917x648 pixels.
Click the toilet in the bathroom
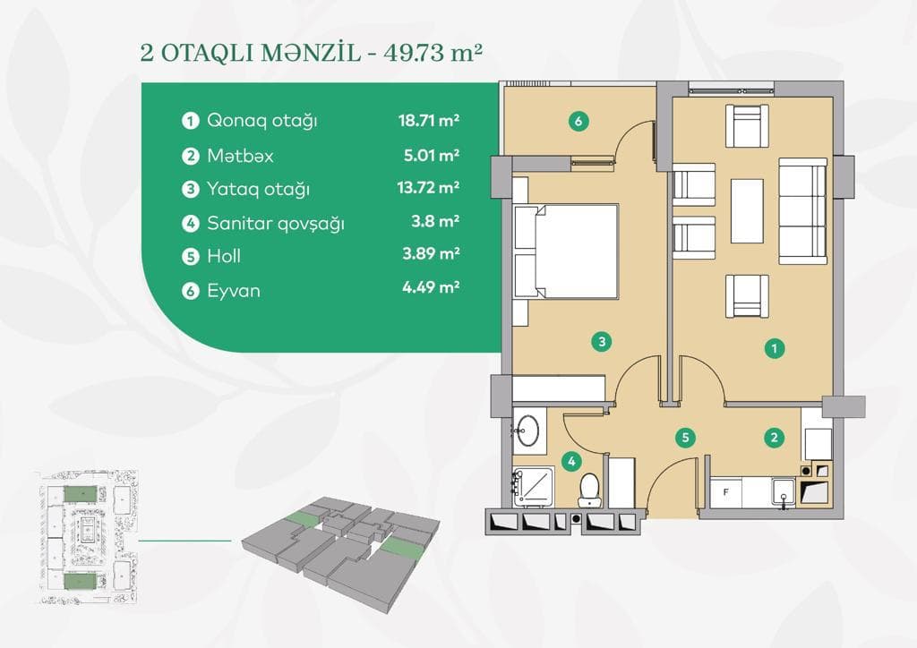589,489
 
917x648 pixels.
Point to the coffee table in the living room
747,210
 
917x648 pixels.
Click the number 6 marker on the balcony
579,123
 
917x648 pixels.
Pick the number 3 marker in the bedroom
603,340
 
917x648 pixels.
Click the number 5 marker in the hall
685,438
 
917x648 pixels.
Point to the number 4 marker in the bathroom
572,462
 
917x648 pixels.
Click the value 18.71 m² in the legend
429,120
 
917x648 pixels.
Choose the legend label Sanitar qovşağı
275,223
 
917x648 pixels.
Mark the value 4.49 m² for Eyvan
429,288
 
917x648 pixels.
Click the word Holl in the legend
224,256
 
